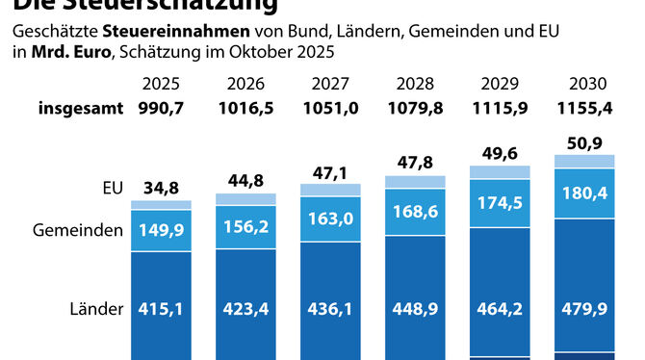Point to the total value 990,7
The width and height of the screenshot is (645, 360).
(161, 108)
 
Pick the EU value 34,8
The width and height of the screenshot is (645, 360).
(161, 187)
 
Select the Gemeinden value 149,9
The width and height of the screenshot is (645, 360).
(161, 230)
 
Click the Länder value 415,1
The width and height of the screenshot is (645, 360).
(161, 309)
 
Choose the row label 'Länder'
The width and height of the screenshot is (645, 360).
(97, 309)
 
